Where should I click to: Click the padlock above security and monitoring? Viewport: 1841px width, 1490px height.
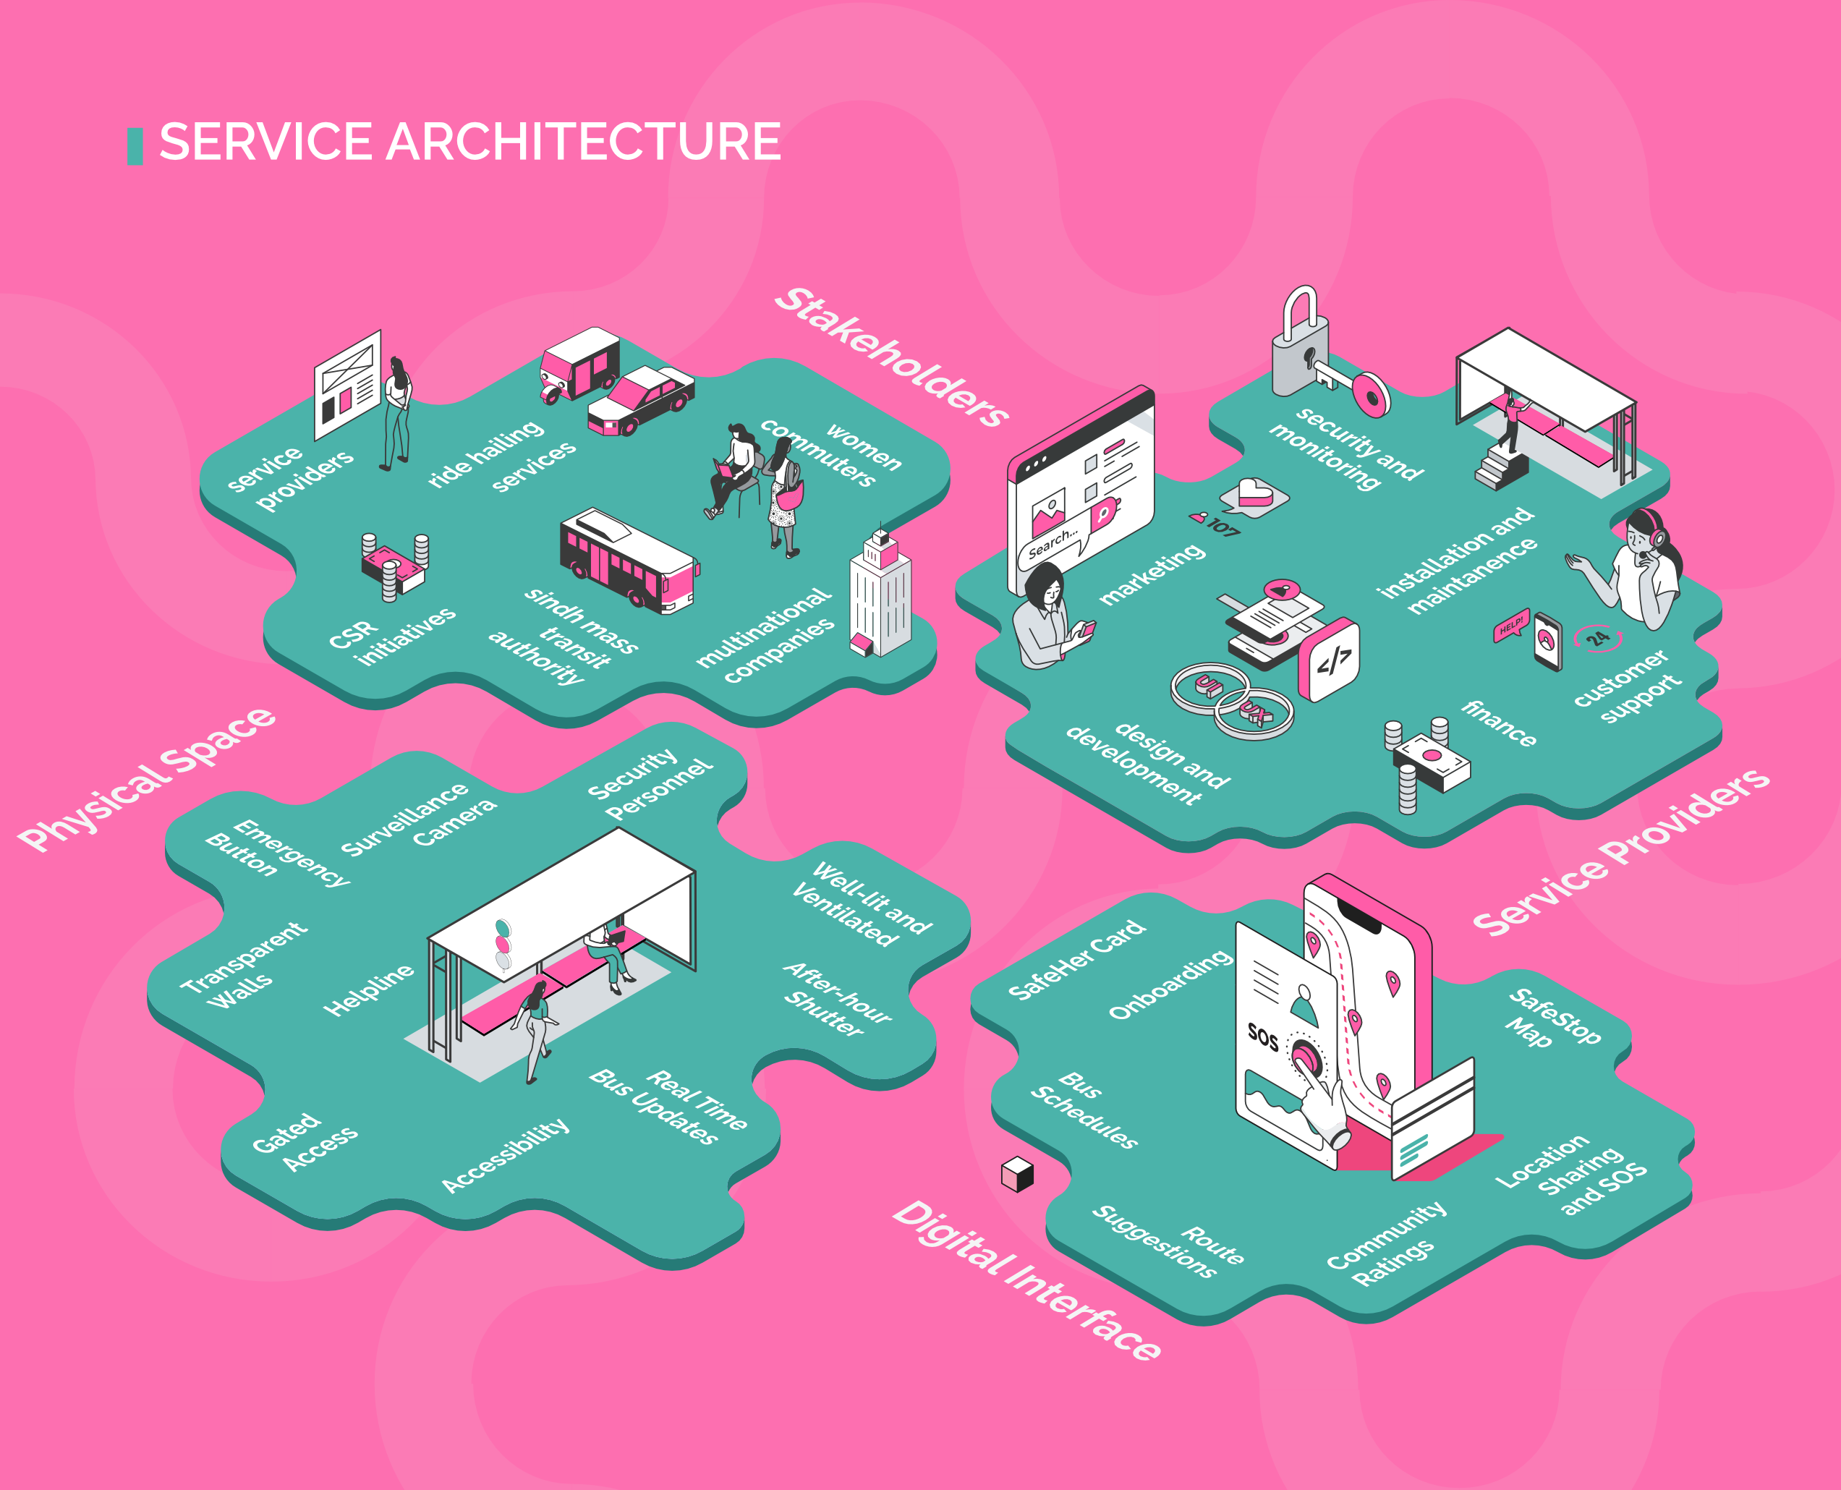pos(1301,344)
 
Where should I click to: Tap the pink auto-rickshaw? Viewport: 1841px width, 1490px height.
pos(579,365)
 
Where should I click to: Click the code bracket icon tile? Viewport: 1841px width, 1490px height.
pos(1329,659)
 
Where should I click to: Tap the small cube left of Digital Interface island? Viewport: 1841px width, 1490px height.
pos(1017,1174)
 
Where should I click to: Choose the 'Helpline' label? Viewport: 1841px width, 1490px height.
pos(368,989)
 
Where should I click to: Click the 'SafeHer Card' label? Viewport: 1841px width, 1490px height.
pos(1076,961)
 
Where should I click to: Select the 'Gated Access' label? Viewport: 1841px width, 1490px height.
pos(305,1142)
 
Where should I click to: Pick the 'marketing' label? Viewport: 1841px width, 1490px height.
pos(1152,574)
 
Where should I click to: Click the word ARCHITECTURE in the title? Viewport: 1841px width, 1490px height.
pos(584,142)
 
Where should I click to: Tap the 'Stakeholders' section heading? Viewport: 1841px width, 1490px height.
pos(892,357)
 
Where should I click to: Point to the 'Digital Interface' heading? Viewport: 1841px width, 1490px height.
pos(1026,1280)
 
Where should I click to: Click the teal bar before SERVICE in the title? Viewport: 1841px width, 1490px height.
pos(135,146)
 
